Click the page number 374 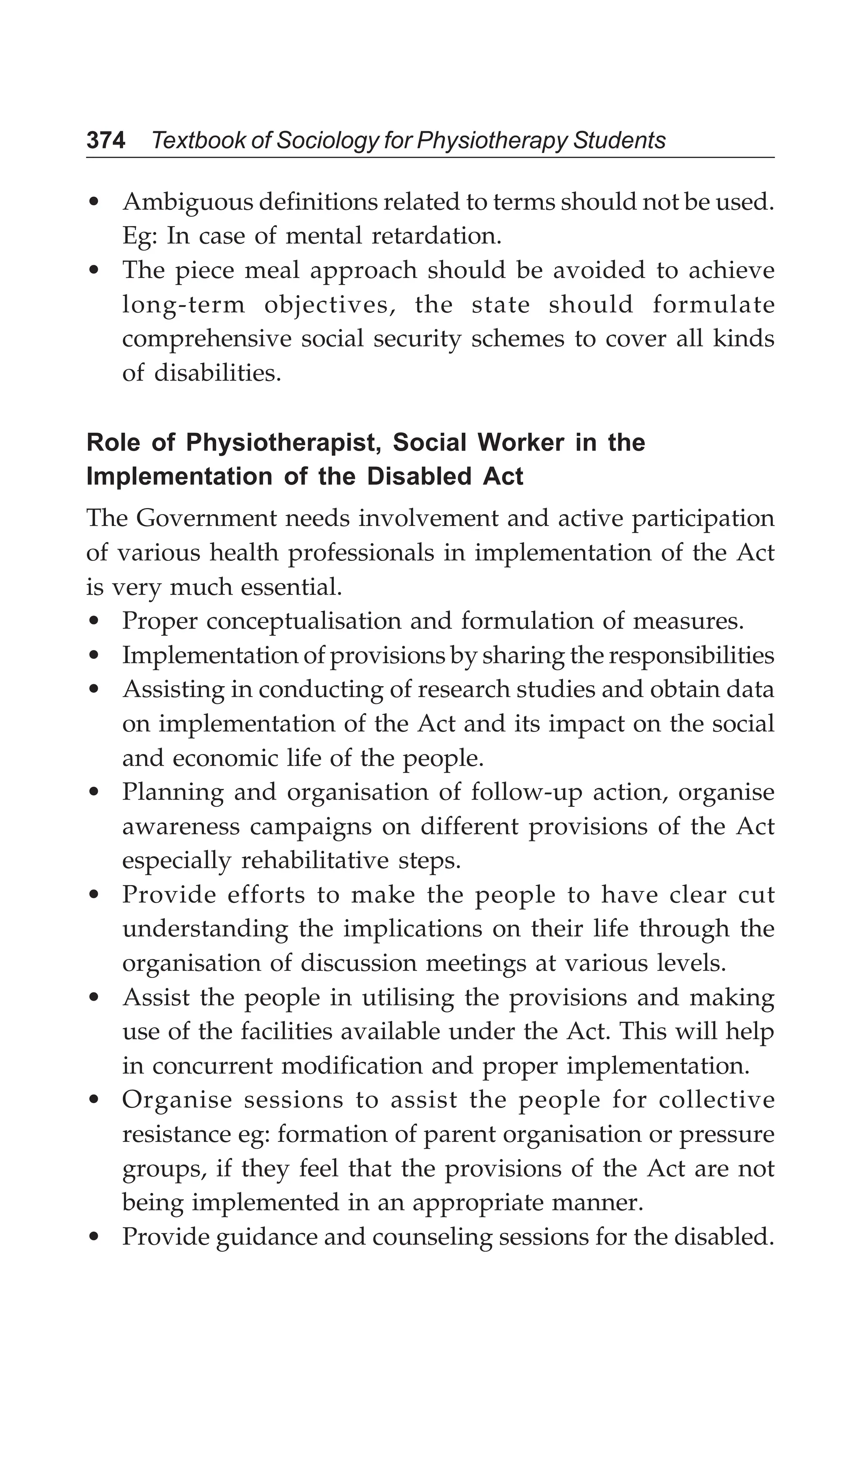[x=106, y=140]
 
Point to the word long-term [x=184, y=305]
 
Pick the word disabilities [x=217, y=373]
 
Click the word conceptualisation [x=303, y=621]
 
